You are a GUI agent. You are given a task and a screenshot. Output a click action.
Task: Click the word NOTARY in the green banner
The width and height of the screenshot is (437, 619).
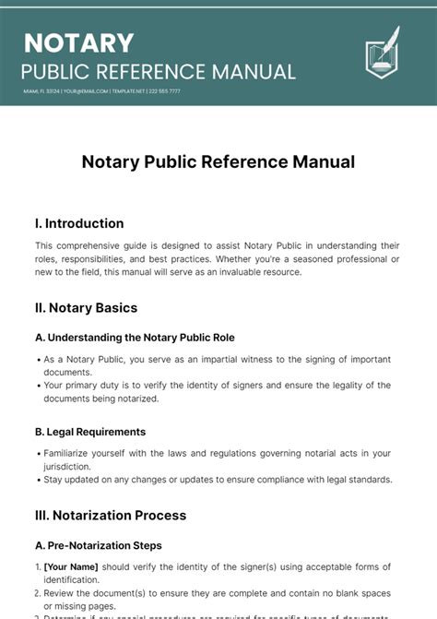(79, 42)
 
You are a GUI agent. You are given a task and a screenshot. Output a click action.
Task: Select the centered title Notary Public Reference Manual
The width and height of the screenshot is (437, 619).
(218, 161)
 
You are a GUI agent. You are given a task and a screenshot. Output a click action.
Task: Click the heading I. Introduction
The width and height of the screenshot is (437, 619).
(79, 223)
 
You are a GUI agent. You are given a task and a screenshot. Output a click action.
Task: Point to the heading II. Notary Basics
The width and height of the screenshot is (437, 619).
(87, 307)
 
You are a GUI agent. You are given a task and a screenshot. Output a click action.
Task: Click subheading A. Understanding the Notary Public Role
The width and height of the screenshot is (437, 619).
(135, 338)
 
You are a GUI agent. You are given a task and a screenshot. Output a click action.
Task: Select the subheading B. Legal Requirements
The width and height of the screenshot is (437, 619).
(90, 432)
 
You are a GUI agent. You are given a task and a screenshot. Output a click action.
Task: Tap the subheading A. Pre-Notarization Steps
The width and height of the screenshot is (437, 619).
(99, 545)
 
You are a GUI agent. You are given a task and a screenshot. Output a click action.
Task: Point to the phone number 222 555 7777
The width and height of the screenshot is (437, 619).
(162, 91)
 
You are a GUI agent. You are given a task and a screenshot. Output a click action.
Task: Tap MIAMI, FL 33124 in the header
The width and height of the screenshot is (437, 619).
(41, 91)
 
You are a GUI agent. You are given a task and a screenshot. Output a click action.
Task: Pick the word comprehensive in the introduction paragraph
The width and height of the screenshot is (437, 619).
(98, 245)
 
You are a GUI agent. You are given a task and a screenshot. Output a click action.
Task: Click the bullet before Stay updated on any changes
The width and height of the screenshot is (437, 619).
(38, 479)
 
